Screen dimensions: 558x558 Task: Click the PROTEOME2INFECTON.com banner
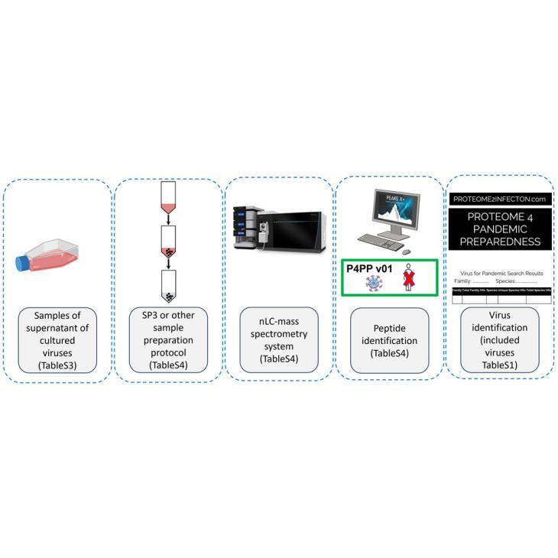(x=500, y=198)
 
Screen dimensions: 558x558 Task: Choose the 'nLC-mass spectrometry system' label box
(x=278, y=340)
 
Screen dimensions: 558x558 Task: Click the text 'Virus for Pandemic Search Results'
(x=501, y=272)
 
